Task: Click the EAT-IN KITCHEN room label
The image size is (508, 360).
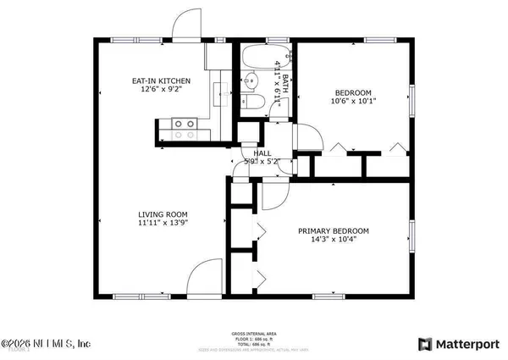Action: (x=160, y=81)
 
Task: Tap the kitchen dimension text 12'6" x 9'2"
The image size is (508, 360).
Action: (x=160, y=91)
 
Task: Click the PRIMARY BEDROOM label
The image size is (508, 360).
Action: (x=333, y=231)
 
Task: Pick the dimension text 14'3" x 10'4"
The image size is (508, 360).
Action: (x=333, y=241)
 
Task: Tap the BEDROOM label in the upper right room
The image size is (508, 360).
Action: (x=353, y=92)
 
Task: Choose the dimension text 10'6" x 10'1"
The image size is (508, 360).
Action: (x=353, y=102)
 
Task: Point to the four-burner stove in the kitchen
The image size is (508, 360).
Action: (x=185, y=129)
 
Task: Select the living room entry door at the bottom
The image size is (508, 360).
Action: (x=204, y=280)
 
